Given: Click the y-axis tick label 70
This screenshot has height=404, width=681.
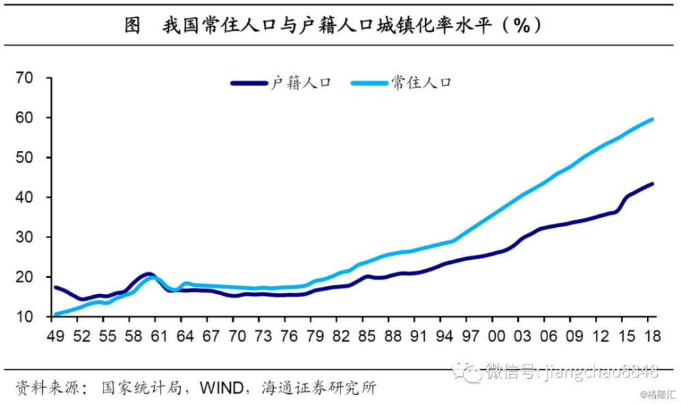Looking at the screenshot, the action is point(25,78).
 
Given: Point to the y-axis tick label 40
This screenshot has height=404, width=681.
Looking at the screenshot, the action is point(25,197).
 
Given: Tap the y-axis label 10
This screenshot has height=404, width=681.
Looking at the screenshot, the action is point(25,317).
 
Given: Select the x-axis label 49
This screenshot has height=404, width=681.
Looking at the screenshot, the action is point(56,336).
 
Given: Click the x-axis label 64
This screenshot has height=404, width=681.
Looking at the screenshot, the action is point(185,336).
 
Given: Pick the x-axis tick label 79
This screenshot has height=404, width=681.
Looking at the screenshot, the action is point(315,336).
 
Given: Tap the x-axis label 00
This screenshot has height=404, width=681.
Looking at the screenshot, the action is point(496,336).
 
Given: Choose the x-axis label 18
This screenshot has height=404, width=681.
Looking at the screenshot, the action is point(652,336).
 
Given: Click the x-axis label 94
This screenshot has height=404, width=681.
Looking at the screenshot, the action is point(444,336).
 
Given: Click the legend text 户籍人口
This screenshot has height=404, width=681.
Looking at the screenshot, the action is point(301,83).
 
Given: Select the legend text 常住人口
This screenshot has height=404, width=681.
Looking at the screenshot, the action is point(422,83).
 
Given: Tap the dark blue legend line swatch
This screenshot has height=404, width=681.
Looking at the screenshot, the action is point(249,83).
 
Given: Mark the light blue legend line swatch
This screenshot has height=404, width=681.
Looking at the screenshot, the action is point(369,83).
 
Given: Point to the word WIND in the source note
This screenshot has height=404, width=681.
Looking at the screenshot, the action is point(221,388).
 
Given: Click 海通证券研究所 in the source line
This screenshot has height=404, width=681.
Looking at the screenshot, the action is point(319,388).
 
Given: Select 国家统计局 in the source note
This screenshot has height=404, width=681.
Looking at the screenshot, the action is point(142,388).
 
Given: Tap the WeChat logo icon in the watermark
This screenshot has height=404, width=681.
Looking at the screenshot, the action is point(466,371).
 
